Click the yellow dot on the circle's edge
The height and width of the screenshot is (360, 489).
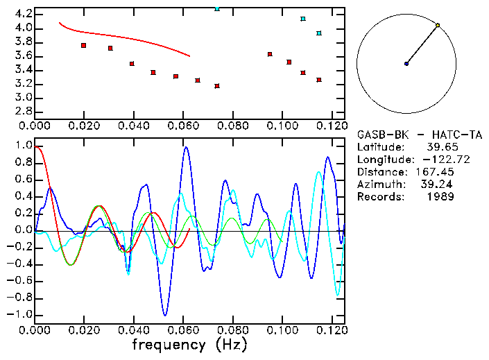(x=438, y=25)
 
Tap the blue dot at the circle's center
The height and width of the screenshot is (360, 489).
(x=406, y=64)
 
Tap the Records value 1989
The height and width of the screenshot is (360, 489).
(x=440, y=197)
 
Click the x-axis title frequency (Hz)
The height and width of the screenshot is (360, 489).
(x=189, y=345)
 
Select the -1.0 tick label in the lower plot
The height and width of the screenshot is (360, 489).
(x=21, y=314)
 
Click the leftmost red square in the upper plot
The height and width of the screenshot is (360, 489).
(x=83, y=45)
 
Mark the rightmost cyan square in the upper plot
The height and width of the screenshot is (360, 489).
(x=318, y=33)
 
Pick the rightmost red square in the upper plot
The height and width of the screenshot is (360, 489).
(x=318, y=80)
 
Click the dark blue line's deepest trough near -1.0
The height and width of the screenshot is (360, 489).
(x=164, y=314)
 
